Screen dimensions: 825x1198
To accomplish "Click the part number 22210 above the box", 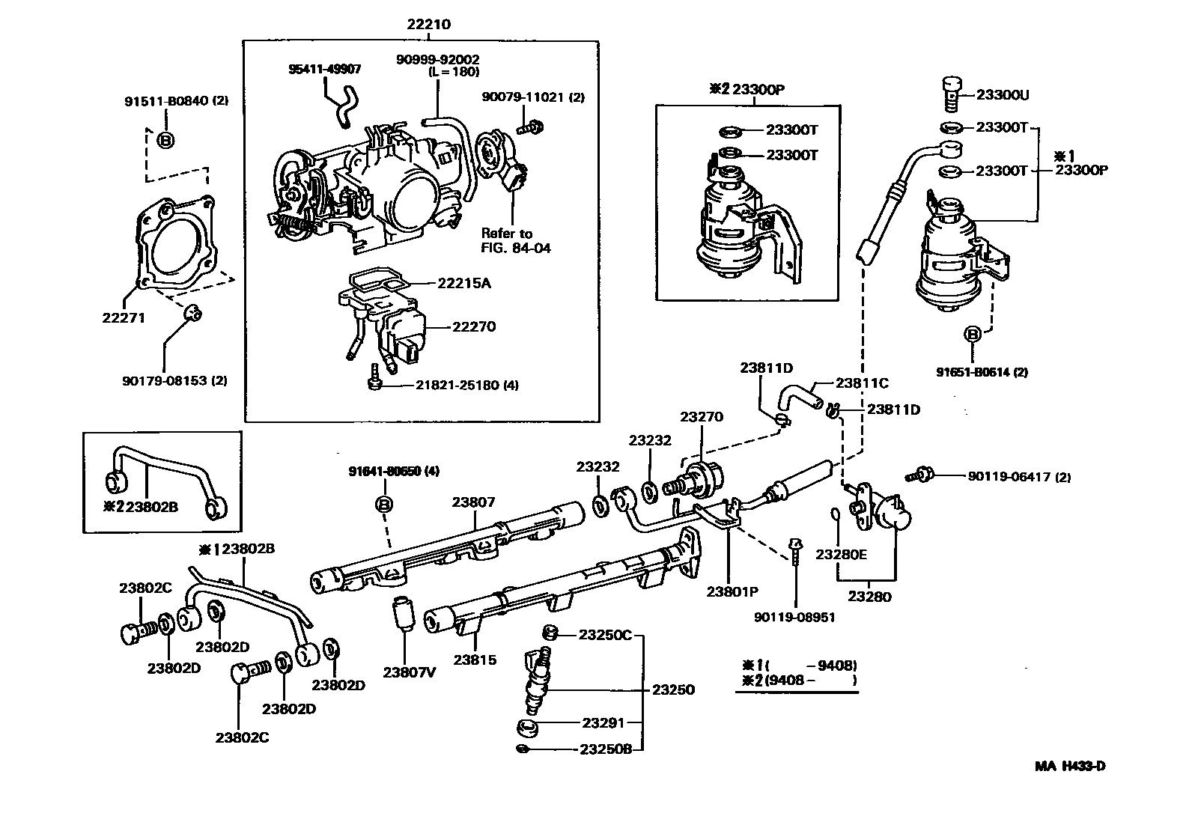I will click(x=428, y=24).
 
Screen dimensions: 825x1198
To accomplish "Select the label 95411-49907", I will click(x=325, y=69).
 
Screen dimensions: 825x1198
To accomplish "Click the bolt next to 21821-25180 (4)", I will click(x=374, y=379).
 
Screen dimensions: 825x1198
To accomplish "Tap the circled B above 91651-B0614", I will click(x=972, y=335).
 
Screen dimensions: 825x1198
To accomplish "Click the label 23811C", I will click(x=862, y=383).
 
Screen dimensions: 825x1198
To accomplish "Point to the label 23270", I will click(x=701, y=416).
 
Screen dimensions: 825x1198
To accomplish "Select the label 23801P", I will click(x=732, y=591).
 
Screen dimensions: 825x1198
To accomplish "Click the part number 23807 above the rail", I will click(x=473, y=502).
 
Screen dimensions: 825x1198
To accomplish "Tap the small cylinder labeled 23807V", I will click(x=404, y=615).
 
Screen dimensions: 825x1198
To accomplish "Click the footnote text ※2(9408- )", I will click(x=798, y=681).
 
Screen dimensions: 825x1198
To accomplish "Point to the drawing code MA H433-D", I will click(x=1070, y=766).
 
